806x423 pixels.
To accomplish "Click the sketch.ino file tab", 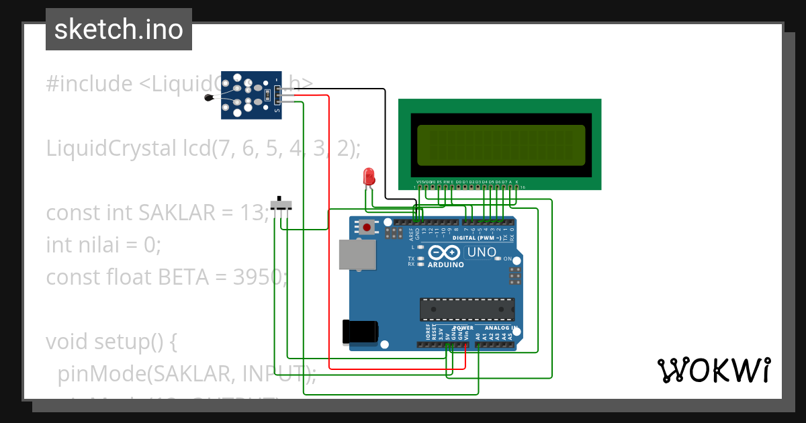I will click(x=118, y=30).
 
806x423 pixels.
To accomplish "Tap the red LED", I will click(x=369, y=177).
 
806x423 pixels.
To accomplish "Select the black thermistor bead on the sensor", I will click(x=209, y=99).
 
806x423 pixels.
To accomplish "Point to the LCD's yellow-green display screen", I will click(x=500, y=145).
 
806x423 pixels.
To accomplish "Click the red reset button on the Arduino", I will click(x=367, y=228).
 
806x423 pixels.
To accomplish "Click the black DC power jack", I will click(x=360, y=332).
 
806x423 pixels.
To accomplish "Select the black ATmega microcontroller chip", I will click(x=467, y=309).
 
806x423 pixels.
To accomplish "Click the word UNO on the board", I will click(x=481, y=253).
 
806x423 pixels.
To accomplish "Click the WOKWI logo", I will click(x=713, y=371).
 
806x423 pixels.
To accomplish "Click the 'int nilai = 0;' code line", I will click(x=103, y=244).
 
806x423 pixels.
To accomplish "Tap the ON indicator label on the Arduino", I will click(x=508, y=259).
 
